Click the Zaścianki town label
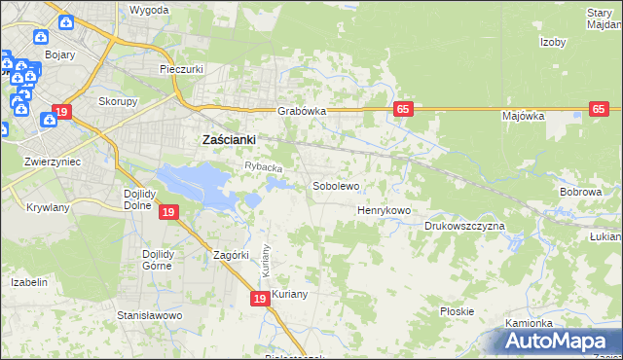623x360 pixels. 228,140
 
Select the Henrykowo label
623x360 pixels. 384,210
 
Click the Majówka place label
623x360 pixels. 523,116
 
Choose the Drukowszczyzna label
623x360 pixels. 464,226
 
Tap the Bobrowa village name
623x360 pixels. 580,193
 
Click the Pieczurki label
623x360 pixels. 181,70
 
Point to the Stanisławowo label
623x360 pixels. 150,316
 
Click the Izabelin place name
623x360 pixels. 29,281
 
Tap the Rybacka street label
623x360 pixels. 263,168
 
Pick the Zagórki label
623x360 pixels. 232,256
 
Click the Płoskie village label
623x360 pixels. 457,311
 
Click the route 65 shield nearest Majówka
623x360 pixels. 599,110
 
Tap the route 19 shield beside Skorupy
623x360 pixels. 61,112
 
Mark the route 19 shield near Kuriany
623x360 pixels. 259,300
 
